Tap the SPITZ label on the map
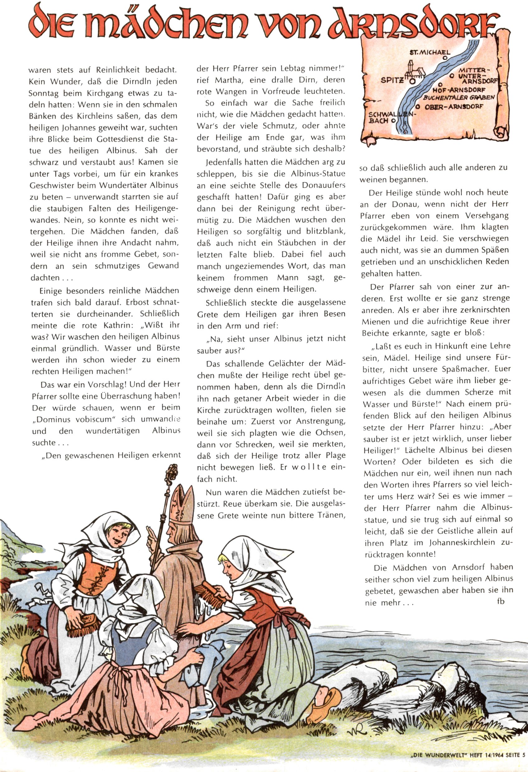392,80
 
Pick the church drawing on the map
414,70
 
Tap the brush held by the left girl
83,625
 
